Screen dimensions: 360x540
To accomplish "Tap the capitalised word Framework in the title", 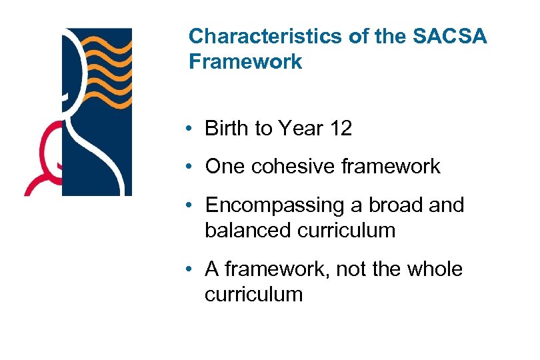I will click(245, 62).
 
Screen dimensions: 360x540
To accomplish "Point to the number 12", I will click(339, 129).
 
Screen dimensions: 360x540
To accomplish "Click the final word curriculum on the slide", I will click(253, 295).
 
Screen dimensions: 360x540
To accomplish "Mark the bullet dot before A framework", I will click(191, 270).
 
